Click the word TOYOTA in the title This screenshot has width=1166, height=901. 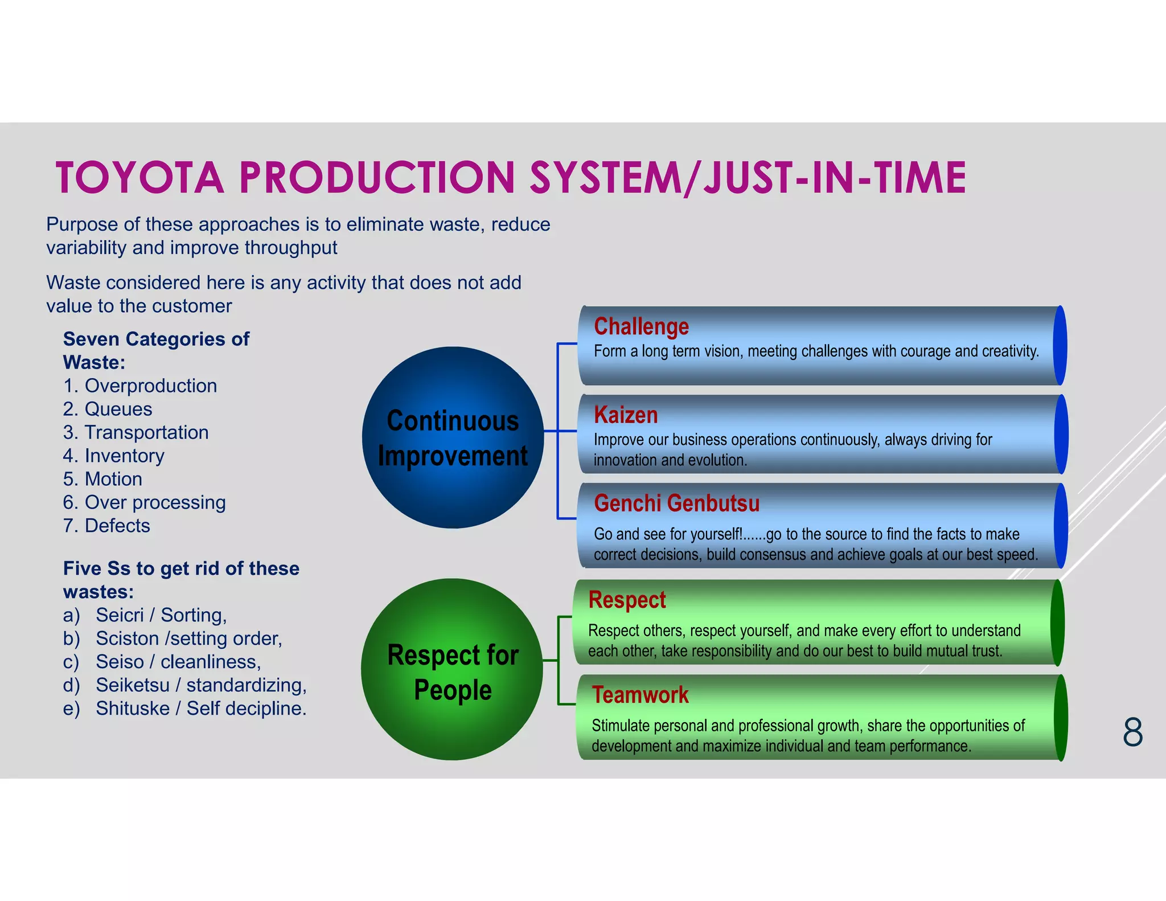pos(140,178)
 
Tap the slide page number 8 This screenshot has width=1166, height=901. pos(1132,732)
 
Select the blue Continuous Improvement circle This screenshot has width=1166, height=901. pos(453,437)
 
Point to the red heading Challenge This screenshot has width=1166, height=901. pos(641,327)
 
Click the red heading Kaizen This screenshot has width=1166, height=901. pos(626,415)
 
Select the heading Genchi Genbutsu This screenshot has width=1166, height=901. pos(676,503)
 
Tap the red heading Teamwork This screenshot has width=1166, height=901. pos(640,695)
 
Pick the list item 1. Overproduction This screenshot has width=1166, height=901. pos(140,386)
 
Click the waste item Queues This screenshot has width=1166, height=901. pos(118,409)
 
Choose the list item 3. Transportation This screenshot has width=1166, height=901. pos(136,432)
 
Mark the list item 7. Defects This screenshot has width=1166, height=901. pos(107,526)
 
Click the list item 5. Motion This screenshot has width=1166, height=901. pos(103,479)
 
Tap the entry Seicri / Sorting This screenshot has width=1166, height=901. pos(161,615)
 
